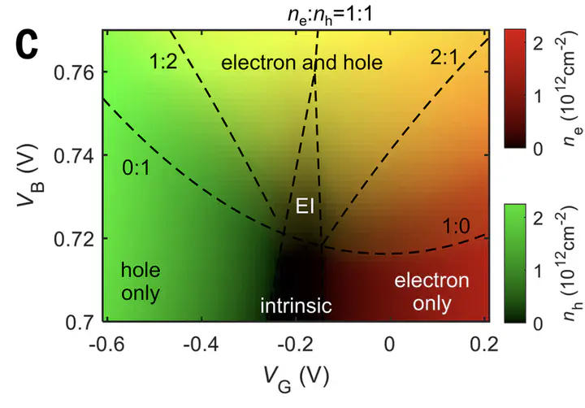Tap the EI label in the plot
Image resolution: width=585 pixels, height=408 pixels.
click(x=305, y=206)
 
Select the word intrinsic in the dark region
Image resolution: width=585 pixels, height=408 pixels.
click(x=296, y=306)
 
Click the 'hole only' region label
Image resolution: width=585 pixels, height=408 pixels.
click(x=141, y=280)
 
